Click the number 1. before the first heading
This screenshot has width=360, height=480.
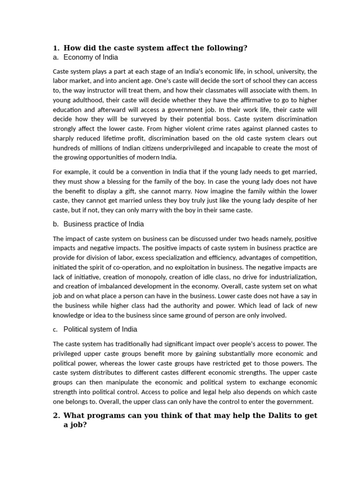click(x=56, y=48)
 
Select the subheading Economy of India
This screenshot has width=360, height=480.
click(x=90, y=57)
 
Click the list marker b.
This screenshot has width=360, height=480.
click(x=56, y=224)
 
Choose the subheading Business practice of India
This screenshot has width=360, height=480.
click(x=104, y=224)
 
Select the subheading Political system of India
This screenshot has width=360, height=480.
click(x=100, y=329)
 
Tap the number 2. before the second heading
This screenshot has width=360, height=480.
click(x=56, y=415)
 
